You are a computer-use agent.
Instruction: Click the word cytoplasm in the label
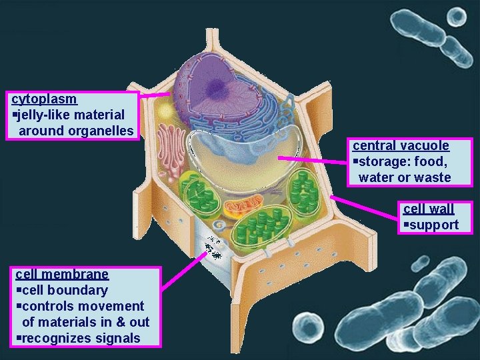(45, 99)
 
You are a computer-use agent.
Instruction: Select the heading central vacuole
(401, 145)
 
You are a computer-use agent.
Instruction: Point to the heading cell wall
(429, 209)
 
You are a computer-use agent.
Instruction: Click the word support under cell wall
(434, 225)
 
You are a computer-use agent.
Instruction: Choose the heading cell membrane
(62, 274)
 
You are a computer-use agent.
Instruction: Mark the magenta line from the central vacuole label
(313, 159)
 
